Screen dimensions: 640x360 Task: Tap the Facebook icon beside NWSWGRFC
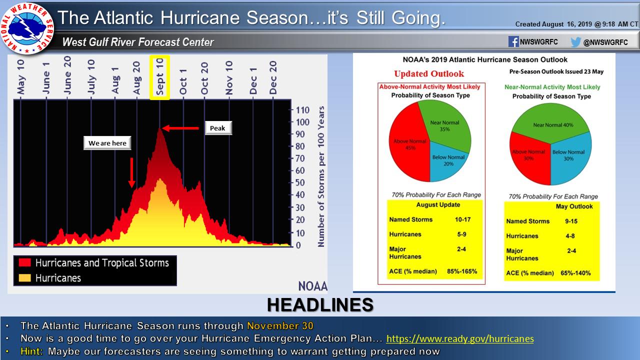(513, 41)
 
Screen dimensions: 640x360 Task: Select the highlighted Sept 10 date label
(159, 77)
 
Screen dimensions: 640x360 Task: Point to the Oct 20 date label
(204, 78)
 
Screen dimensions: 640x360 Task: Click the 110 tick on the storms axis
(302, 110)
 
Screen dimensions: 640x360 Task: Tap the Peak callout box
(218, 128)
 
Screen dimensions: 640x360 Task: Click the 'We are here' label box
(107, 143)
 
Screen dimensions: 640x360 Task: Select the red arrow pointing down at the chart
(131, 172)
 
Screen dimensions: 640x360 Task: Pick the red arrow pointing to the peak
(180, 128)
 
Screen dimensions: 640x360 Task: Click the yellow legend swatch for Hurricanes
(25, 278)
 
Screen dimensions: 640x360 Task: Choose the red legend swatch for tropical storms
(25, 262)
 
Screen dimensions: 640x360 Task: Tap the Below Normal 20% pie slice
(447, 161)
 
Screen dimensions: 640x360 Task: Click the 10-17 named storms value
(463, 219)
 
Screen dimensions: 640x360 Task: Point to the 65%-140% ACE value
(575, 273)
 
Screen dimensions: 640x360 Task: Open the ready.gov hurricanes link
(460, 338)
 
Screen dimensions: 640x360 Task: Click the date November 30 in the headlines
(280, 325)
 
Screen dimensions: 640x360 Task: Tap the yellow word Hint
(31, 351)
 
